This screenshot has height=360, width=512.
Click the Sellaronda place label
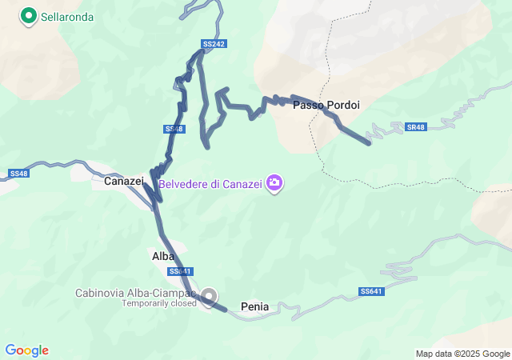(x=67, y=16)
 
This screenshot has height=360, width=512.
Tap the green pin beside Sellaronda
(x=29, y=15)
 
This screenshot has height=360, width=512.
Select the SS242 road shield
(x=212, y=42)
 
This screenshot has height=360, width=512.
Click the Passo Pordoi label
(x=326, y=105)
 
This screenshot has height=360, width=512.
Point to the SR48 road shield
(x=415, y=127)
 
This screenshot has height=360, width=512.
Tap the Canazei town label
(x=123, y=182)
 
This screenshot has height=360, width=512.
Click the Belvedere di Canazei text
(x=210, y=184)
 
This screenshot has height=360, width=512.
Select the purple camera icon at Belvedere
(x=274, y=183)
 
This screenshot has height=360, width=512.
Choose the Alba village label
(x=163, y=257)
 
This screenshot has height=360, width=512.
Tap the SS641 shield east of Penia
(x=371, y=291)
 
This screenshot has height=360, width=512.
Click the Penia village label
(x=254, y=306)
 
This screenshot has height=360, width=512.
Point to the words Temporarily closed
(x=158, y=303)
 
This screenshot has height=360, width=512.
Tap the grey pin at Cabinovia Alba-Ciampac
(x=209, y=297)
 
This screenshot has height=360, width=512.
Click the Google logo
(x=26, y=350)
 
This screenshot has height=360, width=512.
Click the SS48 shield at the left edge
(x=18, y=174)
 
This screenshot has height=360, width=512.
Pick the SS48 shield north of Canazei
(x=174, y=129)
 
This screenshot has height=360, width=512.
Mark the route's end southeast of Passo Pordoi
(x=368, y=143)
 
